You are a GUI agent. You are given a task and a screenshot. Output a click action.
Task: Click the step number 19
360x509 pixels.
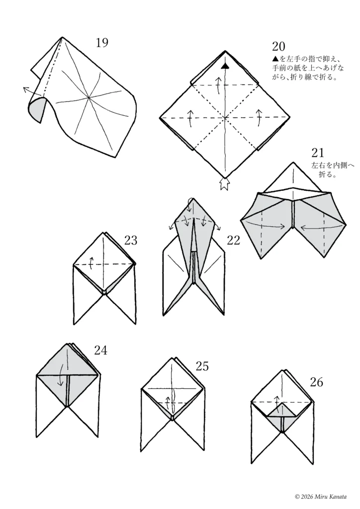pos(102,43)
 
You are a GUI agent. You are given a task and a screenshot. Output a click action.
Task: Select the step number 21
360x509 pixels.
pos(317,153)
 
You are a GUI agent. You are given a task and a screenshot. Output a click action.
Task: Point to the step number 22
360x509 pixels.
pos(233,241)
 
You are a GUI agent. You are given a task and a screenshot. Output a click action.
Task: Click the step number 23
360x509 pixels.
pos(131,241)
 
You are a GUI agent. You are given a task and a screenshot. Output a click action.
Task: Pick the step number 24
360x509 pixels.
pos(100,350)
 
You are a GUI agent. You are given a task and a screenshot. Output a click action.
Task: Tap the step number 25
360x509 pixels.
pos(202,366)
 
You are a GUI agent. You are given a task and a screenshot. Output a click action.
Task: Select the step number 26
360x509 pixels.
pos(317,382)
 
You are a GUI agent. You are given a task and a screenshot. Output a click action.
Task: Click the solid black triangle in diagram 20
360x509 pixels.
pos(225,66)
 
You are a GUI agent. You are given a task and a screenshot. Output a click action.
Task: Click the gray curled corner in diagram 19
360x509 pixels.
pos(37,109)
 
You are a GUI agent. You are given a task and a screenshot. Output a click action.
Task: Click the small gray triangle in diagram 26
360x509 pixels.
pos(283,411)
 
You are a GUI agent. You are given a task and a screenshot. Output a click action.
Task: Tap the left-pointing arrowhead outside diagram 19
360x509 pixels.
pos(25,88)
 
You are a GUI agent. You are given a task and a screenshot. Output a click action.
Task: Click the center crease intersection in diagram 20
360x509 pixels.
pos(225,118)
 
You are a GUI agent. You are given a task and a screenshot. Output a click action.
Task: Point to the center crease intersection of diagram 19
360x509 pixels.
pos(89,97)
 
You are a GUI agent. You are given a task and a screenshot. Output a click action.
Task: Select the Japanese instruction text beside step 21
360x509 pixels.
pos(333,170)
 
